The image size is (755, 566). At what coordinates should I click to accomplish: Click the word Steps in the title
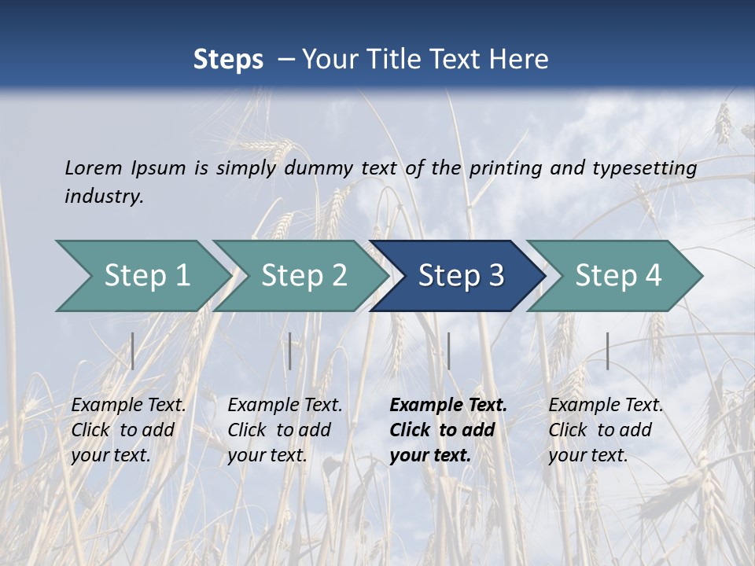[x=228, y=60]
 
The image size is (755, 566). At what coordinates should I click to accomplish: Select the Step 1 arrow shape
[x=142, y=276]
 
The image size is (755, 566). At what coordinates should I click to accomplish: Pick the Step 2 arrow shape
[x=300, y=276]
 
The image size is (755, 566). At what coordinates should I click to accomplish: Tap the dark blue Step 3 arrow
[x=457, y=276]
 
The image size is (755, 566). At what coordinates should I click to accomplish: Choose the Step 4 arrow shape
[x=614, y=276]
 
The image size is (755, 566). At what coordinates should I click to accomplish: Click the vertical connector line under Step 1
[x=133, y=351]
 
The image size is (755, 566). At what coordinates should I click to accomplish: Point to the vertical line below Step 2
[x=290, y=351]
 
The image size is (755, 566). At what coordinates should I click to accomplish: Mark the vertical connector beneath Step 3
[x=448, y=351]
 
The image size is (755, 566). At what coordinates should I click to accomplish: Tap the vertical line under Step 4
[x=608, y=351]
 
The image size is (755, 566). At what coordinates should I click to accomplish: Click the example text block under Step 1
[x=128, y=430]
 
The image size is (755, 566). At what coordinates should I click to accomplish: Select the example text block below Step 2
[x=285, y=430]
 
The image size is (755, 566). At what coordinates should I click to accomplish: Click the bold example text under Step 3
[x=448, y=430]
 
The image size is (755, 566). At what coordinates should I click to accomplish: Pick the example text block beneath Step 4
[x=606, y=430]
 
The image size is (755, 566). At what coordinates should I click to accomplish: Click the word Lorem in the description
[x=94, y=167]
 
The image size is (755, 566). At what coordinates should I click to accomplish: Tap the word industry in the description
[x=104, y=197]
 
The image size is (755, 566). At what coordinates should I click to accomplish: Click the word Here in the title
[x=520, y=60]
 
